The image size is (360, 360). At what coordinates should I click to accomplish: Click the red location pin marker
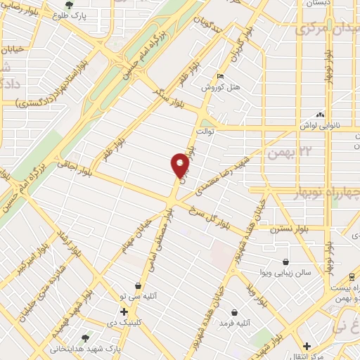180,166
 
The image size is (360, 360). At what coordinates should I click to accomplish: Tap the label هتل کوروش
218,87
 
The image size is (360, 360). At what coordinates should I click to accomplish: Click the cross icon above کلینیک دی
124,311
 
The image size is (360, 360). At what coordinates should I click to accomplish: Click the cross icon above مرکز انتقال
307,346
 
